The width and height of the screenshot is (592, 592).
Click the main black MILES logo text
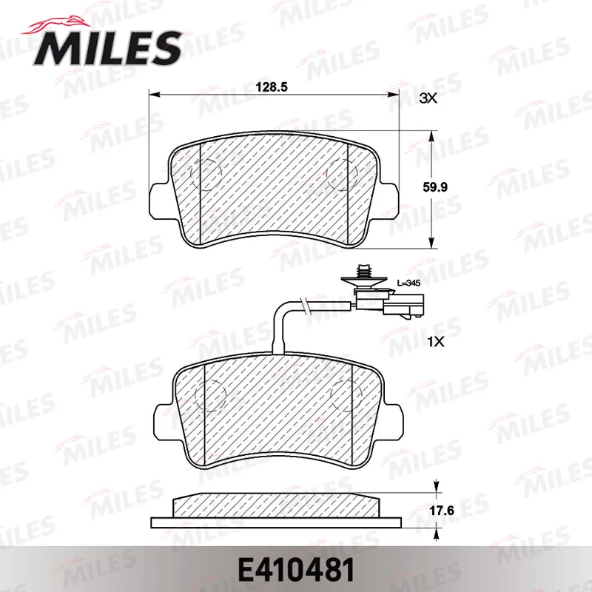(x=107, y=47)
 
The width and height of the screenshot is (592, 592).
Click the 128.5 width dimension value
(x=272, y=87)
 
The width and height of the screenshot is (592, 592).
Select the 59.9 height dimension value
(x=435, y=187)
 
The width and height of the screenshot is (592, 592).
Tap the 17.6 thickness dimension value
(x=441, y=511)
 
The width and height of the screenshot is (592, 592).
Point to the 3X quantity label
(x=428, y=98)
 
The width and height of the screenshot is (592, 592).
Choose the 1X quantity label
(x=436, y=342)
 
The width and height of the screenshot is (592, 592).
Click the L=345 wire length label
(x=408, y=283)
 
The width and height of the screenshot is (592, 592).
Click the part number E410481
(x=296, y=570)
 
